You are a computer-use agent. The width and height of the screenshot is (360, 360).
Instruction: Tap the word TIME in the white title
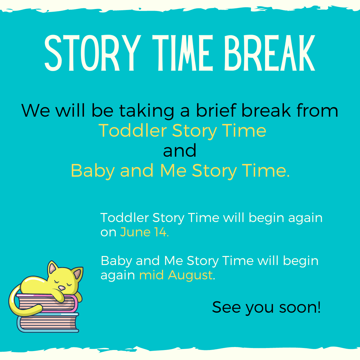[183, 53]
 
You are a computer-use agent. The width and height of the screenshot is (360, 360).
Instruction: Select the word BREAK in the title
[270, 53]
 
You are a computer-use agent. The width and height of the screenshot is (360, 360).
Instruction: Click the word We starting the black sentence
[36, 110]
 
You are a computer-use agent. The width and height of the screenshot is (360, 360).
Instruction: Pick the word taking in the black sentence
[146, 111]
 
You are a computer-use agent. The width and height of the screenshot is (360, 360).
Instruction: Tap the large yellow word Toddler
[133, 130]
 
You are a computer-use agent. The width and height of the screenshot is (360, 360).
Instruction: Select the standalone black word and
[180, 150]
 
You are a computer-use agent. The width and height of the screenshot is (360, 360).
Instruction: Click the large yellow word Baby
[93, 171]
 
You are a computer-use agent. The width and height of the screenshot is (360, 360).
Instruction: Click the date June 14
[144, 232]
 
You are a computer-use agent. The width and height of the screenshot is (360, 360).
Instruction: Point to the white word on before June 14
[108, 233]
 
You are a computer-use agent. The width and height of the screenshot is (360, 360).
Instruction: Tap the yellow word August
[191, 275]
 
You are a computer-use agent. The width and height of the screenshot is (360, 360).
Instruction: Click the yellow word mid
[152, 275]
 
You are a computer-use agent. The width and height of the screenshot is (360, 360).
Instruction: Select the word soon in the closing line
[300, 307]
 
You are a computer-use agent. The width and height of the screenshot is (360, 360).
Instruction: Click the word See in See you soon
[226, 307]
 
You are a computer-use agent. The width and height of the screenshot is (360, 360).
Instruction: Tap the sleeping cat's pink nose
[62, 288]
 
